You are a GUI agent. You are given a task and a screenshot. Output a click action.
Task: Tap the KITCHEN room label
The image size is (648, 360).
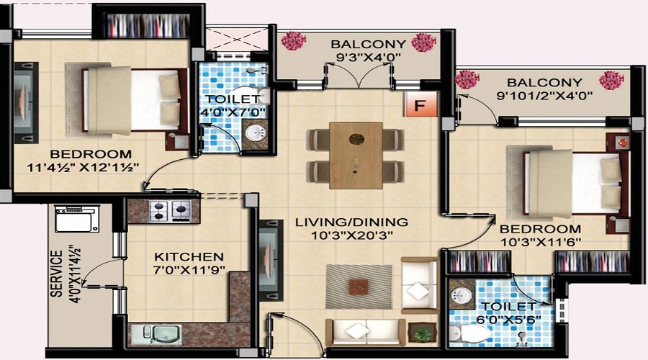(189, 256)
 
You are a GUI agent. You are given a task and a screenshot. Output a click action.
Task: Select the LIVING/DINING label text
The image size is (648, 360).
(351, 222)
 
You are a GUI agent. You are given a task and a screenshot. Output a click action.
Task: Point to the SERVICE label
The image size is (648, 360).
(56, 274)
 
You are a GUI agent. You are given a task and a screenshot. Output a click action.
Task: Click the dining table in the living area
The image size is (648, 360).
(356, 155)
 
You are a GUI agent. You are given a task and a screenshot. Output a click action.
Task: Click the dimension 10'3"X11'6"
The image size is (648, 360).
(539, 242)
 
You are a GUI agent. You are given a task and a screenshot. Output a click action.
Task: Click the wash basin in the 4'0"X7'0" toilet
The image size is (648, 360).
(253, 132)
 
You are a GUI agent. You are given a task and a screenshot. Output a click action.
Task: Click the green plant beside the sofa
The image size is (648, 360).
(421, 333)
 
